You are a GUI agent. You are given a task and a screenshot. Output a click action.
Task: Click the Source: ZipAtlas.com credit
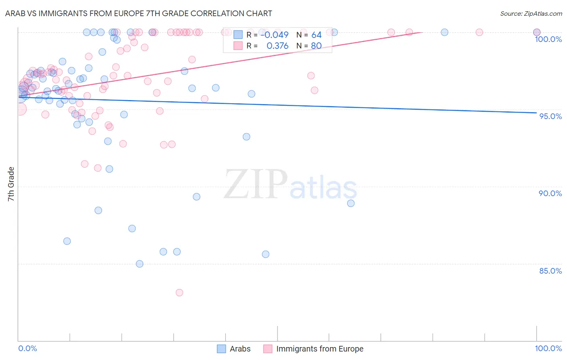point(531,13)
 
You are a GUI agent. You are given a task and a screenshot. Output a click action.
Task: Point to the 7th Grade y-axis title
point(11,184)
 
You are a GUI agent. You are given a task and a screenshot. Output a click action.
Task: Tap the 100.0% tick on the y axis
point(548,39)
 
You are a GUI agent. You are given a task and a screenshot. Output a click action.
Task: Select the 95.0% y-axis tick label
point(550,116)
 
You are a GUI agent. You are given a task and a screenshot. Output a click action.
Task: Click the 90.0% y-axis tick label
point(550,193)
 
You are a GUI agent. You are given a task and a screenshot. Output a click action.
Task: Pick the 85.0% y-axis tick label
point(550,271)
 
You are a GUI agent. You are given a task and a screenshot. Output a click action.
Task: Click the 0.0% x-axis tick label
point(27,348)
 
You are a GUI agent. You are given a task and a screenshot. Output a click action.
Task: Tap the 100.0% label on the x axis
point(548,348)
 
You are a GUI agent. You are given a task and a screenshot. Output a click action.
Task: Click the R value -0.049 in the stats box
point(275,35)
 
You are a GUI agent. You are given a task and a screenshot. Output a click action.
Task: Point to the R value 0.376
point(277,46)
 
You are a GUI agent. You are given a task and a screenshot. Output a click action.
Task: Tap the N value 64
point(316,35)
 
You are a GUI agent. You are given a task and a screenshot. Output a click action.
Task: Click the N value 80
point(316,46)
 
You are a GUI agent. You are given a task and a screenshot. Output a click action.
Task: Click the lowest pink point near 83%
point(179,293)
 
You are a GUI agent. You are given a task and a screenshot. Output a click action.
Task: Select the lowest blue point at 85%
point(140,264)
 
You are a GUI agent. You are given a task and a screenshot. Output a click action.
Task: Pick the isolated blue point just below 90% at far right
point(351,203)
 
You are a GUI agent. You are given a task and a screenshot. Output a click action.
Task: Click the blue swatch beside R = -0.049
point(238,35)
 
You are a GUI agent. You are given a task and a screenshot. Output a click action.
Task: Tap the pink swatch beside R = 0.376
point(238,46)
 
